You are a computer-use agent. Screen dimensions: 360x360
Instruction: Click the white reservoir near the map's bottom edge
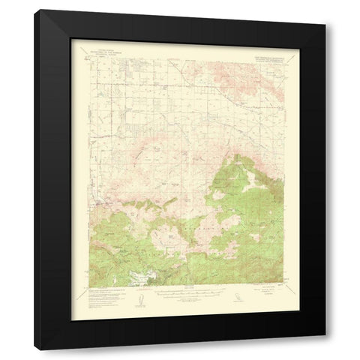coord(142,277)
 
